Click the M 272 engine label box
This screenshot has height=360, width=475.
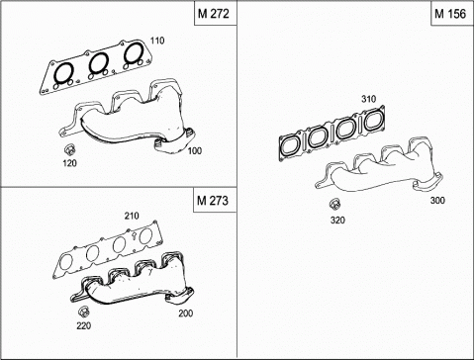pyautogui.click(x=216, y=13)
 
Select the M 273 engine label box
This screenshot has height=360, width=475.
pyautogui.click(x=215, y=200)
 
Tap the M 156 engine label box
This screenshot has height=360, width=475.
pyautogui.click(x=452, y=13)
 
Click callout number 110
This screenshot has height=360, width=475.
pyautogui.click(x=157, y=41)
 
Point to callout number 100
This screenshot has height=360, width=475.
pyautogui.click(x=195, y=151)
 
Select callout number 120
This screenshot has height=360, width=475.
pyautogui.click(x=70, y=163)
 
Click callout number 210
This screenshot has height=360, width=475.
pyautogui.click(x=132, y=216)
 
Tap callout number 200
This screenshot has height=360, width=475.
pyautogui.click(x=186, y=314)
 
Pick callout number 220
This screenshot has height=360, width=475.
pyautogui.click(x=84, y=325)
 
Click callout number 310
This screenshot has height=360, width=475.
pyautogui.click(x=368, y=99)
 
